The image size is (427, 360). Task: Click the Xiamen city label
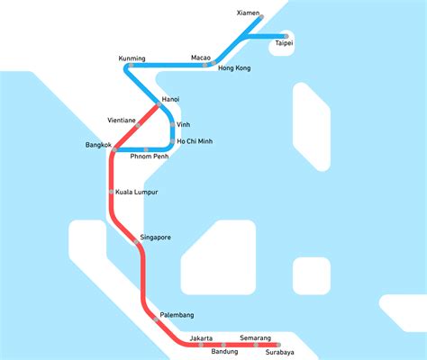tap(248, 13)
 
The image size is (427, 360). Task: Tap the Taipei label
tap(284, 43)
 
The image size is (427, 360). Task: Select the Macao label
tap(200, 58)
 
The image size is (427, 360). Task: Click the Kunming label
tap(132, 58)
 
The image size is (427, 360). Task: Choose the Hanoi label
tap(170, 98)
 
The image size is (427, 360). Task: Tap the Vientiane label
tap(122, 120)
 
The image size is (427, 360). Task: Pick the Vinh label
tap(184, 124)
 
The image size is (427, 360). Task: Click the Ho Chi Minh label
tap(195, 142)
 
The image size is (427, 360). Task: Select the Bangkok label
tap(98, 145)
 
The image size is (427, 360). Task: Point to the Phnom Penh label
tap(150, 157)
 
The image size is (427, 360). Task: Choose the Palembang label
tap(176, 315)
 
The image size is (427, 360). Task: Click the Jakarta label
tap(202, 337)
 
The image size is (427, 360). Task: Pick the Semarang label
tap(255, 337)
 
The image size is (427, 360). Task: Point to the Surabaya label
tap(276, 352)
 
